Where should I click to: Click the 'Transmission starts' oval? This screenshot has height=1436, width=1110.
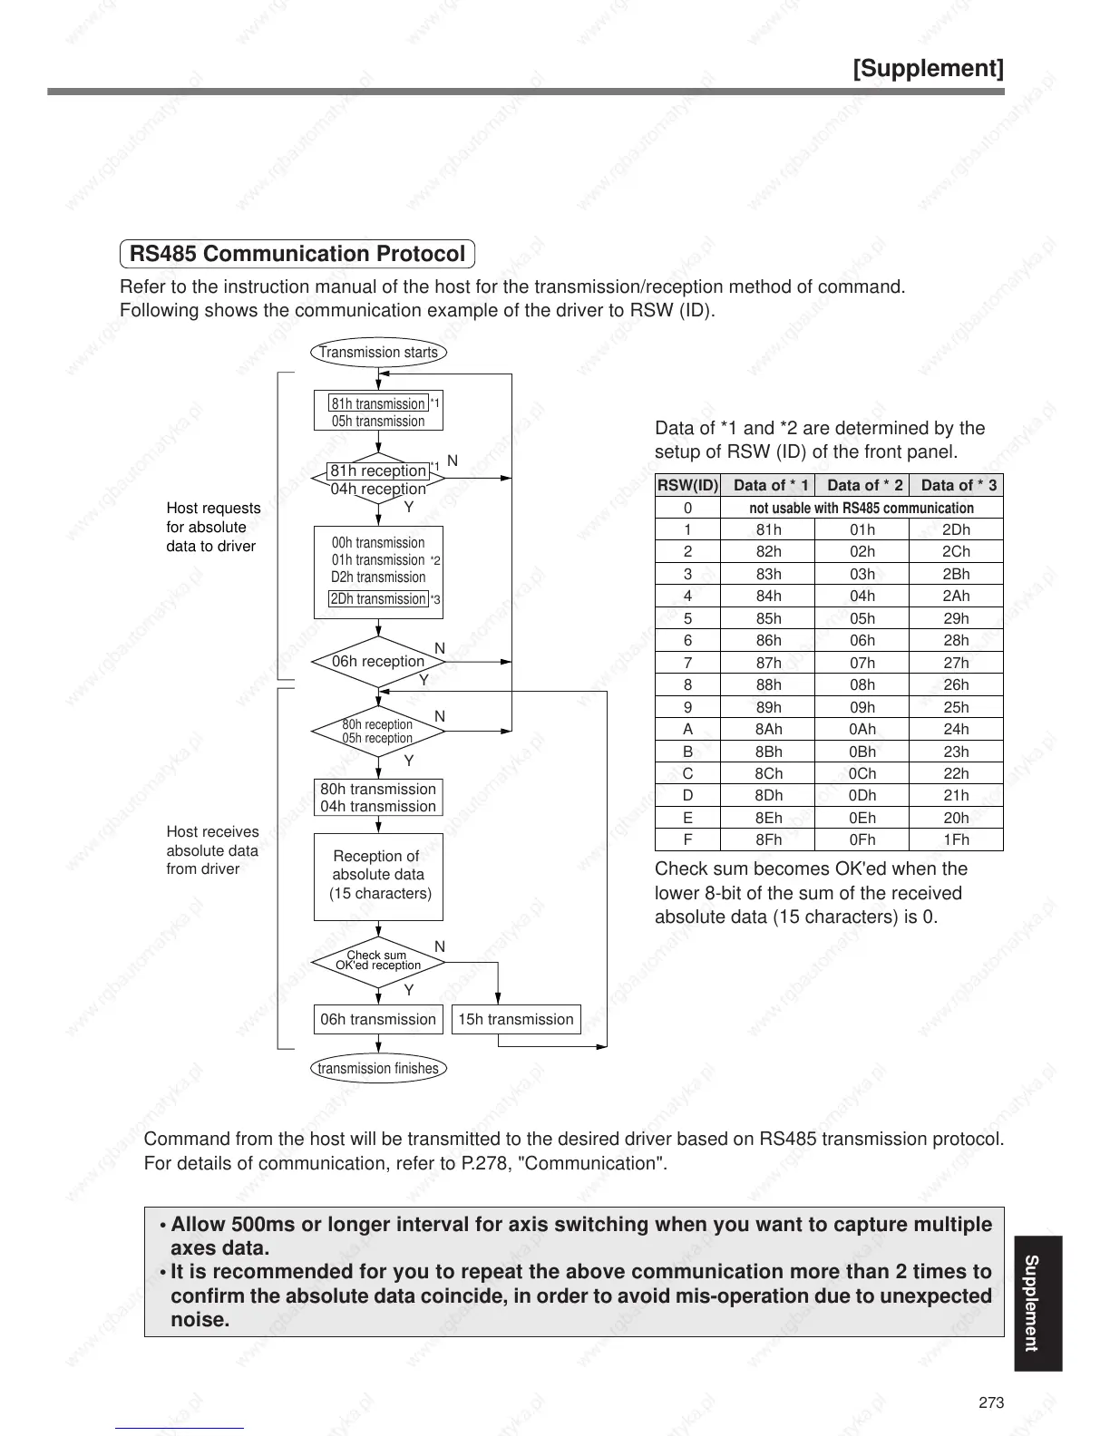pos(378,352)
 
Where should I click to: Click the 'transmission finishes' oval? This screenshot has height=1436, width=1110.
pos(378,1068)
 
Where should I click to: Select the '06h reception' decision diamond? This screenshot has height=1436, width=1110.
pos(378,662)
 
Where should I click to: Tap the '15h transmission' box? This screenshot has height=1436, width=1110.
pos(515,1019)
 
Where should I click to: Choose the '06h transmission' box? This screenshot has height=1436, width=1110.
pos(378,1019)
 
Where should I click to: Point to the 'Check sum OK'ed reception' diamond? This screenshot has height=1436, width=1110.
pos(378,960)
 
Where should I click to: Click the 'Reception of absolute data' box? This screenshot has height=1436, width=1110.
pos(378,876)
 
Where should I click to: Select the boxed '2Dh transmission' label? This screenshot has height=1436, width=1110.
pos(378,599)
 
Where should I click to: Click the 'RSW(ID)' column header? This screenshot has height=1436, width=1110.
pos(687,485)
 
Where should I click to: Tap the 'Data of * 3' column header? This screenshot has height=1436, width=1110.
pos(958,485)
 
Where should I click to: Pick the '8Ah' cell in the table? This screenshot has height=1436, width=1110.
pos(768,729)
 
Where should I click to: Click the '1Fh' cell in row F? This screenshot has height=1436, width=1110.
pos(956,839)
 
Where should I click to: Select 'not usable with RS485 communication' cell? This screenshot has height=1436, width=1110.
pos(862,508)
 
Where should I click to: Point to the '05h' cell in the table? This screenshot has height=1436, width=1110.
pos(862,618)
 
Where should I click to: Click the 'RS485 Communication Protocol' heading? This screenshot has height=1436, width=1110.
pos(297,254)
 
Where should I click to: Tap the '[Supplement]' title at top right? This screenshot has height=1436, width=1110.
pos(928,69)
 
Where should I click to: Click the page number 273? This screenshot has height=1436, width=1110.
pos(991,1402)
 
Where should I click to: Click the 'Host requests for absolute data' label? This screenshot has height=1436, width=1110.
pos(213,527)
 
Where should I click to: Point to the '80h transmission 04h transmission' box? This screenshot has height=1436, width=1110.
pos(378,798)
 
